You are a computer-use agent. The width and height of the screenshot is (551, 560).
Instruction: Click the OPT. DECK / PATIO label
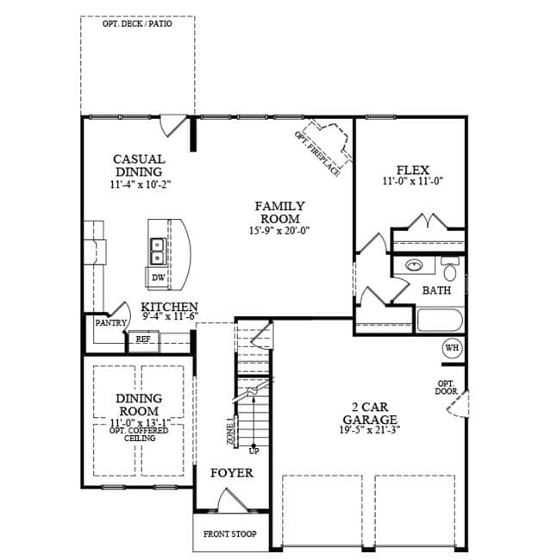click(x=137, y=24)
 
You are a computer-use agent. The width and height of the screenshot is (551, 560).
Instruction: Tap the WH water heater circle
click(x=452, y=347)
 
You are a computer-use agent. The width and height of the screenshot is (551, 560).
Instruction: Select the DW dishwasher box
click(x=158, y=277)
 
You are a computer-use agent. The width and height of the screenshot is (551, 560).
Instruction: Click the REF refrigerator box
click(x=143, y=340)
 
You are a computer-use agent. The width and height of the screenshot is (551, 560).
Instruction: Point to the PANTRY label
click(x=110, y=323)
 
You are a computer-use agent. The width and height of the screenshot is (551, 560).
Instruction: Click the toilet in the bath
click(x=450, y=269)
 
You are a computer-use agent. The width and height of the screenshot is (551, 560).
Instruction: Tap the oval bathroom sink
click(x=414, y=265)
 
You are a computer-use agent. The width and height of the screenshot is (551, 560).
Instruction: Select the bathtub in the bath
click(x=440, y=320)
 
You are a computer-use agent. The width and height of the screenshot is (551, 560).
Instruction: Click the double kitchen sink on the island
click(x=158, y=252)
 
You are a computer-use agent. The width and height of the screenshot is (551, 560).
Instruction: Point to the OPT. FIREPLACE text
click(x=316, y=153)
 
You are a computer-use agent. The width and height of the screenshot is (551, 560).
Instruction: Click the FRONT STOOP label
click(x=229, y=534)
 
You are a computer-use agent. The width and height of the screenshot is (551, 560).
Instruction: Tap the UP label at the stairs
click(x=254, y=451)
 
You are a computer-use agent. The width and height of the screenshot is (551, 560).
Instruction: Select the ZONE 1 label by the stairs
click(x=231, y=431)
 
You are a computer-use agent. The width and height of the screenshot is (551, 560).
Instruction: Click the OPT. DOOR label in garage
click(x=446, y=388)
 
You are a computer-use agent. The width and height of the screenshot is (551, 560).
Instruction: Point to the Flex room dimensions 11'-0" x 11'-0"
click(x=413, y=182)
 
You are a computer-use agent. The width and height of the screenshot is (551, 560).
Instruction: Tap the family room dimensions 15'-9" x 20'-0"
click(x=279, y=231)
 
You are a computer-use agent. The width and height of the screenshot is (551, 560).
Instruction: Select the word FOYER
click(x=232, y=473)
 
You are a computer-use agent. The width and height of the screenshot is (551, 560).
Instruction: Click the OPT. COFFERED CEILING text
click(x=139, y=434)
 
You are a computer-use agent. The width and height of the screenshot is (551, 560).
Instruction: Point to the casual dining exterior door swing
click(x=172, y=126)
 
